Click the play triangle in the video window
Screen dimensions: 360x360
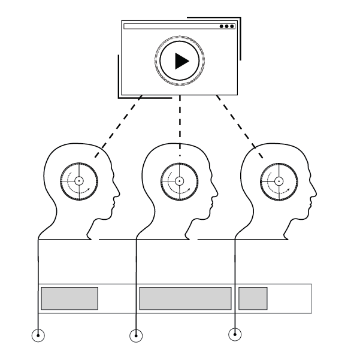click(x=180, y=60)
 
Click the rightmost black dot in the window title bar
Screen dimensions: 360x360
click(x=232, y=26)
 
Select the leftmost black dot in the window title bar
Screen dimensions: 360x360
click(x=222, y=26)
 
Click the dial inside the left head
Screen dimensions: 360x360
click(x=79, y=180)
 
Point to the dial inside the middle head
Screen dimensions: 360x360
click(x=179, y=180)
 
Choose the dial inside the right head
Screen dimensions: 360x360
click(x=279, y=180)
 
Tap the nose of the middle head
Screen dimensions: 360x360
click(x=217, y=193)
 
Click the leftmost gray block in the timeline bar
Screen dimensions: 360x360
click(x=69, y=298)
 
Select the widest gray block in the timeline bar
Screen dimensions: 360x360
click(x=185, y=298)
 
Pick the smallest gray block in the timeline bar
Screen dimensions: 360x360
click(x=253, y=298)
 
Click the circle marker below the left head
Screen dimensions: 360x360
click(x=38, y=335)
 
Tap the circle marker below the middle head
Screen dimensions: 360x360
click(x=137, y=335)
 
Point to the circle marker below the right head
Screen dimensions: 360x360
click(x=235, y=334)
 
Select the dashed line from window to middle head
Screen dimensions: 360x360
click(x=180, y=123)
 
